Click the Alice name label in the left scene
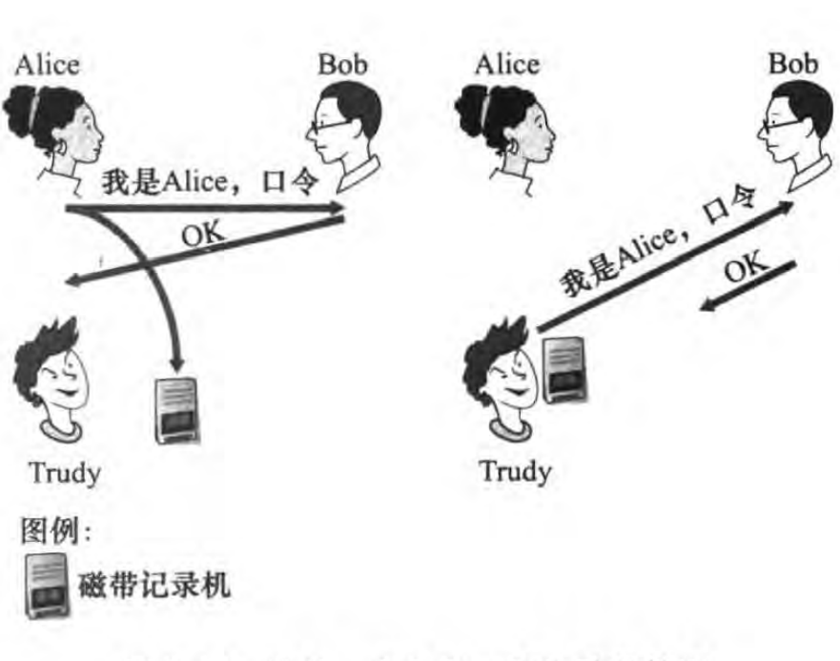click(x=47, y=64)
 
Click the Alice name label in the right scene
click(x=506, y=64)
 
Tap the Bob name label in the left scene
click(x=341, y=64)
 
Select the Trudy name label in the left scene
click(x=65, y=471)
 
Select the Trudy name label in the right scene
click(x=515, y=471)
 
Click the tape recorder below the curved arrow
click(x=177, y=409)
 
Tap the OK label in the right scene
click(x=747, y=271)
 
